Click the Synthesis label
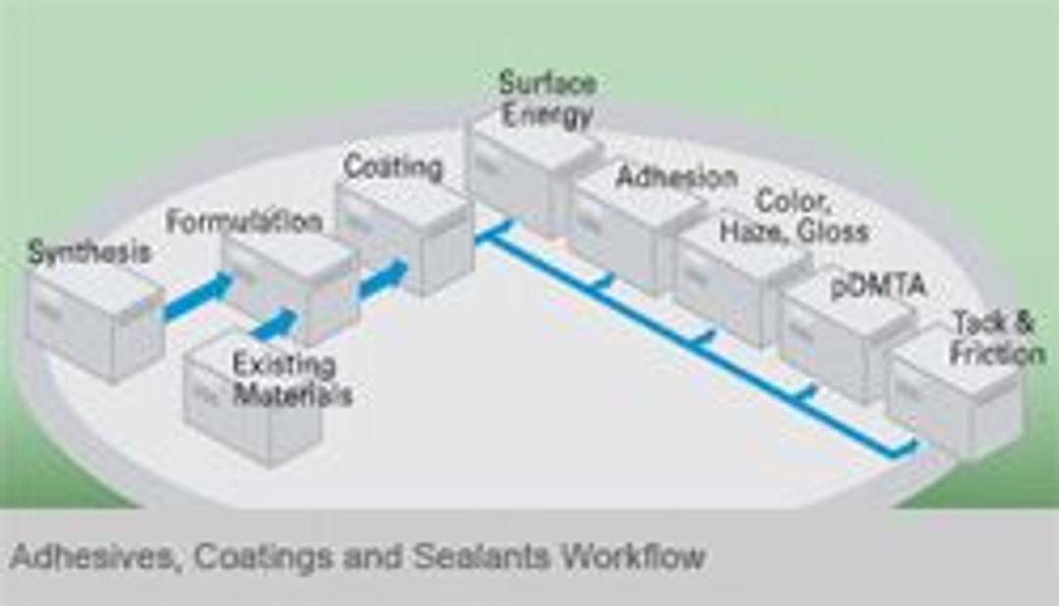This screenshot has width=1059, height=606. click(89, 252)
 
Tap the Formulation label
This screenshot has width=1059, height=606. click(243, 222)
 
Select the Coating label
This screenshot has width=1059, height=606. click(392, 167)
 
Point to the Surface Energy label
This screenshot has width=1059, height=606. click(546, 98)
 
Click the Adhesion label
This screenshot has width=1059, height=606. click(676, 177)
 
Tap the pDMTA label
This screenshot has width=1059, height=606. click(878, 287)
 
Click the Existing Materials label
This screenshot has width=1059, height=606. click(291, 379)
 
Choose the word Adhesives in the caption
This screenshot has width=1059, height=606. click(93, 557)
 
